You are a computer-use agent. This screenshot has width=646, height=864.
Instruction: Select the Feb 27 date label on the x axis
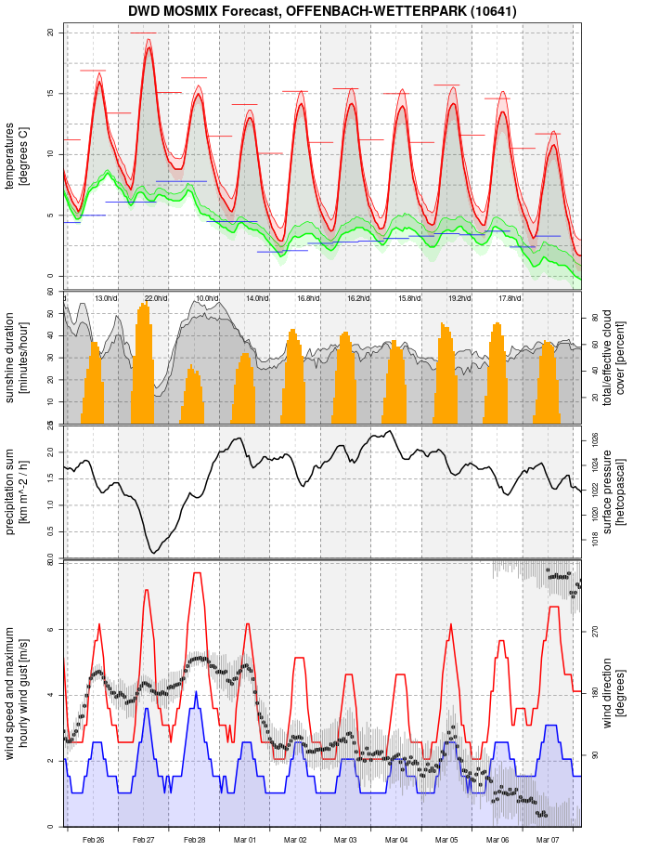(144, 840)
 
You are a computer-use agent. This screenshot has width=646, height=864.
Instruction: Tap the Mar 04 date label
(396, 840)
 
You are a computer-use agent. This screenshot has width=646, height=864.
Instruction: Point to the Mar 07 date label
(548, 840)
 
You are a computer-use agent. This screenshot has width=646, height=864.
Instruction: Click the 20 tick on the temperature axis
(52, 33)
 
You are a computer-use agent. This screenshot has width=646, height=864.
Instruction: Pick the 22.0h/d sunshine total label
(156, 298)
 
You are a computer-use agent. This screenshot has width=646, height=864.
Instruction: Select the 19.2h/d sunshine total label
(459, 298)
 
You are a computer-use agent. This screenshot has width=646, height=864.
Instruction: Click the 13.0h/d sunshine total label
(106, 298)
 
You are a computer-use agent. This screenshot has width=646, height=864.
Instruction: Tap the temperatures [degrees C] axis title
(17, 153)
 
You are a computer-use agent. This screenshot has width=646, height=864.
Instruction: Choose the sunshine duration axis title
(17, 357)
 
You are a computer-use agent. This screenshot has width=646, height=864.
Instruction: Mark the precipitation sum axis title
(17, 490)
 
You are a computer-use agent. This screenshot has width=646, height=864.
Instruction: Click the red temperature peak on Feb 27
(149, 48)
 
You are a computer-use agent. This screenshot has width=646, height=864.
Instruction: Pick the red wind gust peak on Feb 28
(197, 573)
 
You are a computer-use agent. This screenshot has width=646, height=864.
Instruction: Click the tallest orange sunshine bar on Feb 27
(144, 304)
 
